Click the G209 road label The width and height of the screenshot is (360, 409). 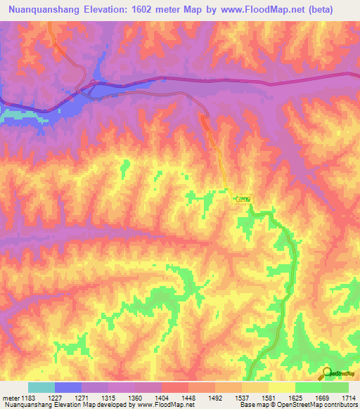(243, 200)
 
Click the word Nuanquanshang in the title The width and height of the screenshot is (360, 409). (42, 10)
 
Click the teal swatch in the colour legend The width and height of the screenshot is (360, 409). (41, 387)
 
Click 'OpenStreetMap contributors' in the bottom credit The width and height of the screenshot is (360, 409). (317, 405)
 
